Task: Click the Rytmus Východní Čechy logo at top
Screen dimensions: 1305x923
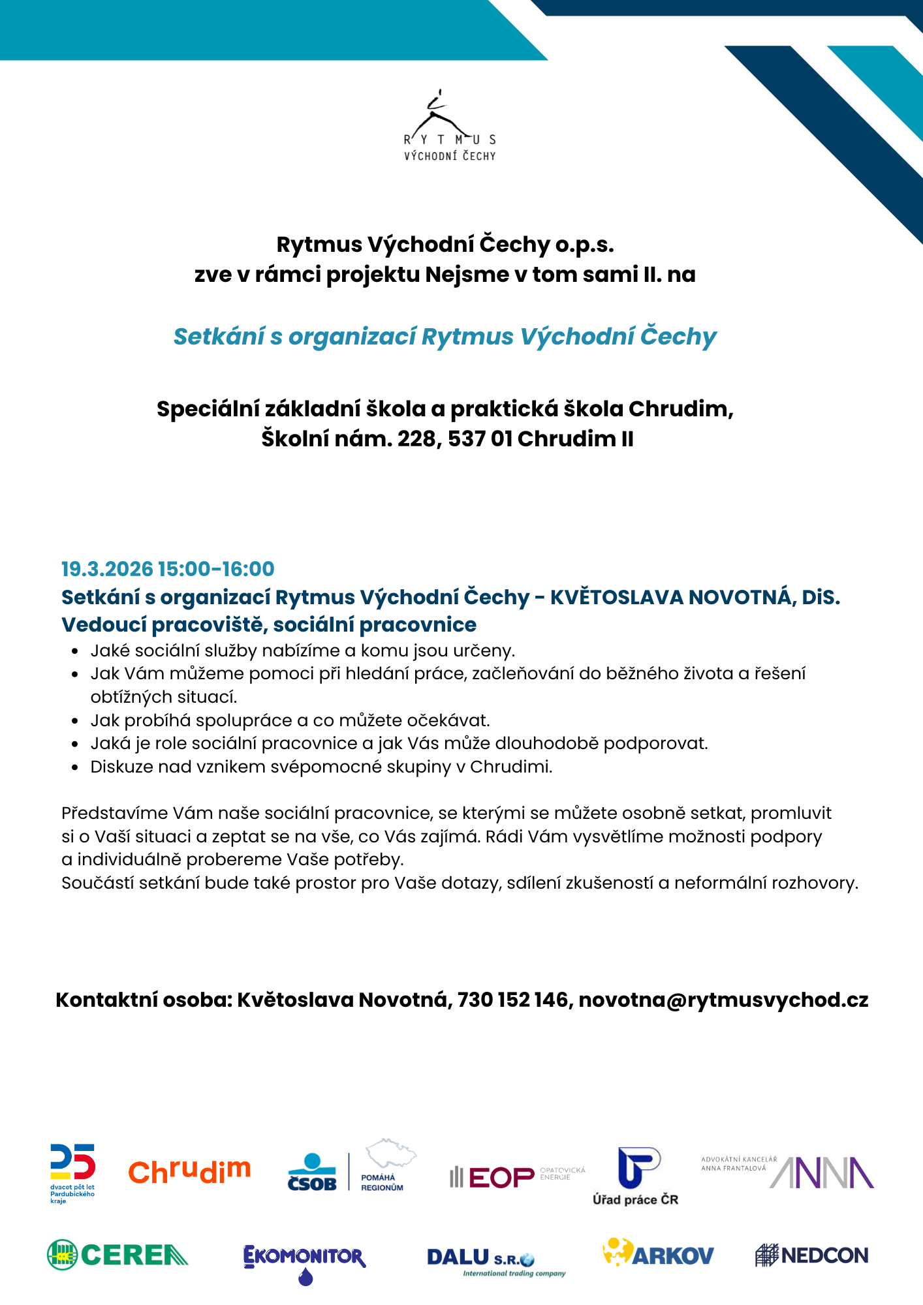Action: tap(450, 127)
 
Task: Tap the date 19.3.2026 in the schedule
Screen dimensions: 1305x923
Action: tap(107, 569)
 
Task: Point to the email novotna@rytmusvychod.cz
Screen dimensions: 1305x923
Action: tap(723, 1000)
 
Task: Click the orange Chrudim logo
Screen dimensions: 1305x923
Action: tap(189, 1171)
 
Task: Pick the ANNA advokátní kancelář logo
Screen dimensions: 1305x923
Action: tap(787, 1172)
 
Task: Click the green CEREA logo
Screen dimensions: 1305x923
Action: tap(117, 1255)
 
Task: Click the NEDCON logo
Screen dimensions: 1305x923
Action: tap(811, 1255)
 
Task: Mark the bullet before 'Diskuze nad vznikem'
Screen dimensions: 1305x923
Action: tap(76, 767)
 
